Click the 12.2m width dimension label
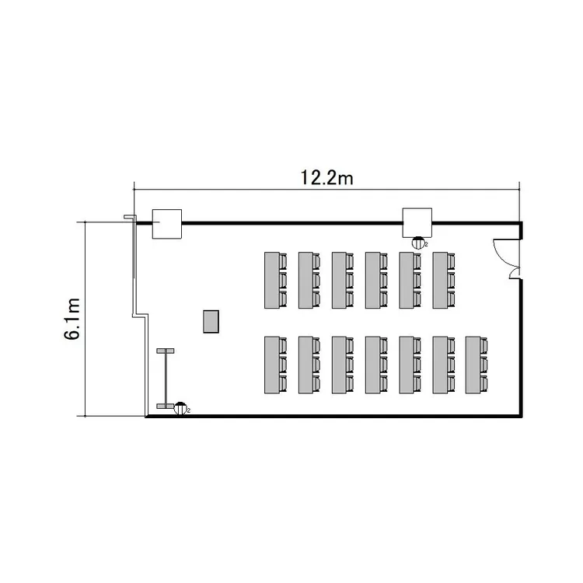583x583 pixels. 326,178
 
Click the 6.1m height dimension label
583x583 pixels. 72,319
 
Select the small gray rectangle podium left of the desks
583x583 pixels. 211,321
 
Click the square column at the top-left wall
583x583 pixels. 167,224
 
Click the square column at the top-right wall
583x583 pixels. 417,223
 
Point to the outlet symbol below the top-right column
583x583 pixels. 418,243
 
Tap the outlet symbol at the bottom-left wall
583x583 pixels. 180,408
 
